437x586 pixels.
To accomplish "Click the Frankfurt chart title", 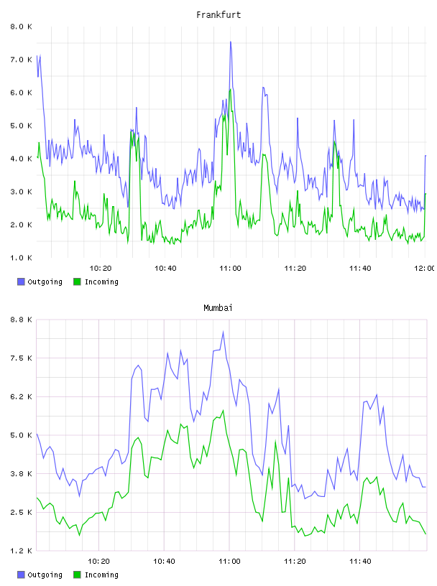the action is coord(218,15).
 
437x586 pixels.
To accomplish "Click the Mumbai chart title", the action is coord(218,308).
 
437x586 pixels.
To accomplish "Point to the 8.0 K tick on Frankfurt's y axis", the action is coord(21,27).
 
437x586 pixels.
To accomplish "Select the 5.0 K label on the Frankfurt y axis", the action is coord(21,126).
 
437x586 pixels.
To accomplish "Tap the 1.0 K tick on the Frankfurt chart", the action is coord(21,258).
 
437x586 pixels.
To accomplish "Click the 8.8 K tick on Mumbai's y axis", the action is coord(21,320).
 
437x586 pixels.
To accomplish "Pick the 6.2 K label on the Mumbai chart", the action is coord(21,396).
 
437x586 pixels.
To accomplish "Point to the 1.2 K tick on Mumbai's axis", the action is coord(21,551).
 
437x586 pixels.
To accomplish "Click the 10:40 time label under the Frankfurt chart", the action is coord(165,268).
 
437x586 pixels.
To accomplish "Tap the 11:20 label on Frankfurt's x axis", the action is coord(295,268).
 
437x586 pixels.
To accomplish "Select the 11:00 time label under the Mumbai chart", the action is coord(229,561).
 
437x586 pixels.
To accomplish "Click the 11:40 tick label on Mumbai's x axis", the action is coord(360,561).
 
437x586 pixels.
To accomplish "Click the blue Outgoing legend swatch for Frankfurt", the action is coord(21,282).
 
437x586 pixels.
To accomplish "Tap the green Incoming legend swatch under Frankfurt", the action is coord(77,282).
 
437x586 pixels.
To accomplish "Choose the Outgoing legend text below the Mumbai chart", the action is coord(45,575).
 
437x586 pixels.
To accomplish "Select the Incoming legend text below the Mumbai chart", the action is coord(101,575).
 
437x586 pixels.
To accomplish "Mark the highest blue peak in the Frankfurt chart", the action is coord(231,42).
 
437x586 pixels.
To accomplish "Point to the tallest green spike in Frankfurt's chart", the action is coord(230,90).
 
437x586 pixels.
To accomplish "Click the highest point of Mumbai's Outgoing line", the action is coord(223,332).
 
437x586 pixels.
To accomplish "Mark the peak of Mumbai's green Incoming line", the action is coord(223,410).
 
